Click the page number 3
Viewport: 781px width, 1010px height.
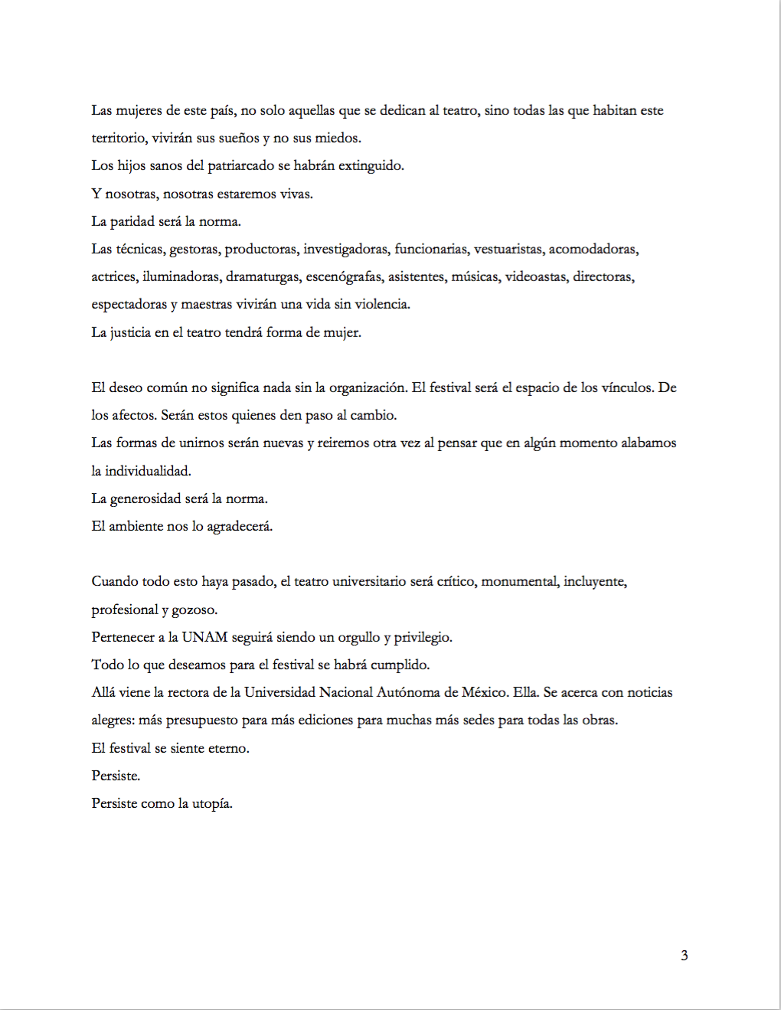click(684, 955)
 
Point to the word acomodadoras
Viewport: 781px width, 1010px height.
click(593, 249)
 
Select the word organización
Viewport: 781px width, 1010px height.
click(367, 388)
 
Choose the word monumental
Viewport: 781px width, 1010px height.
click(519, 582)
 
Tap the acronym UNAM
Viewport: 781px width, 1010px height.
click(204, 637)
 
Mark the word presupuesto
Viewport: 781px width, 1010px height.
click(201, 721)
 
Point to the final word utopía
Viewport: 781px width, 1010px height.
click(212, 804)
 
